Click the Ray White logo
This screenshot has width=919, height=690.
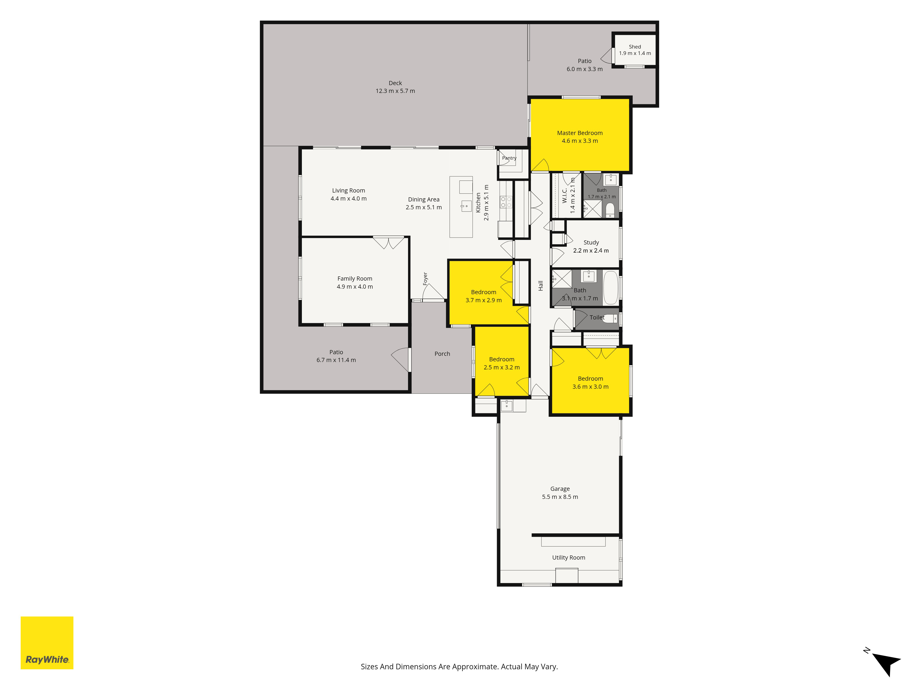pos(47,643)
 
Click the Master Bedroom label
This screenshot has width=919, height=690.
pos(580,133)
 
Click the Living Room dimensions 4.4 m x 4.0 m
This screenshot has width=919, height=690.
pos(349,199)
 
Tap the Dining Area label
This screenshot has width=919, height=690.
pos(424,200)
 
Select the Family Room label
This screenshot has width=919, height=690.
pos(355,279)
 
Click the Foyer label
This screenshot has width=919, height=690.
pos(425,279)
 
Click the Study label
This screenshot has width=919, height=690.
pos(591,242)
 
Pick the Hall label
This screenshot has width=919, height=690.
pos(541,286)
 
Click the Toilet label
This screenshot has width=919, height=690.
pos(597,317)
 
